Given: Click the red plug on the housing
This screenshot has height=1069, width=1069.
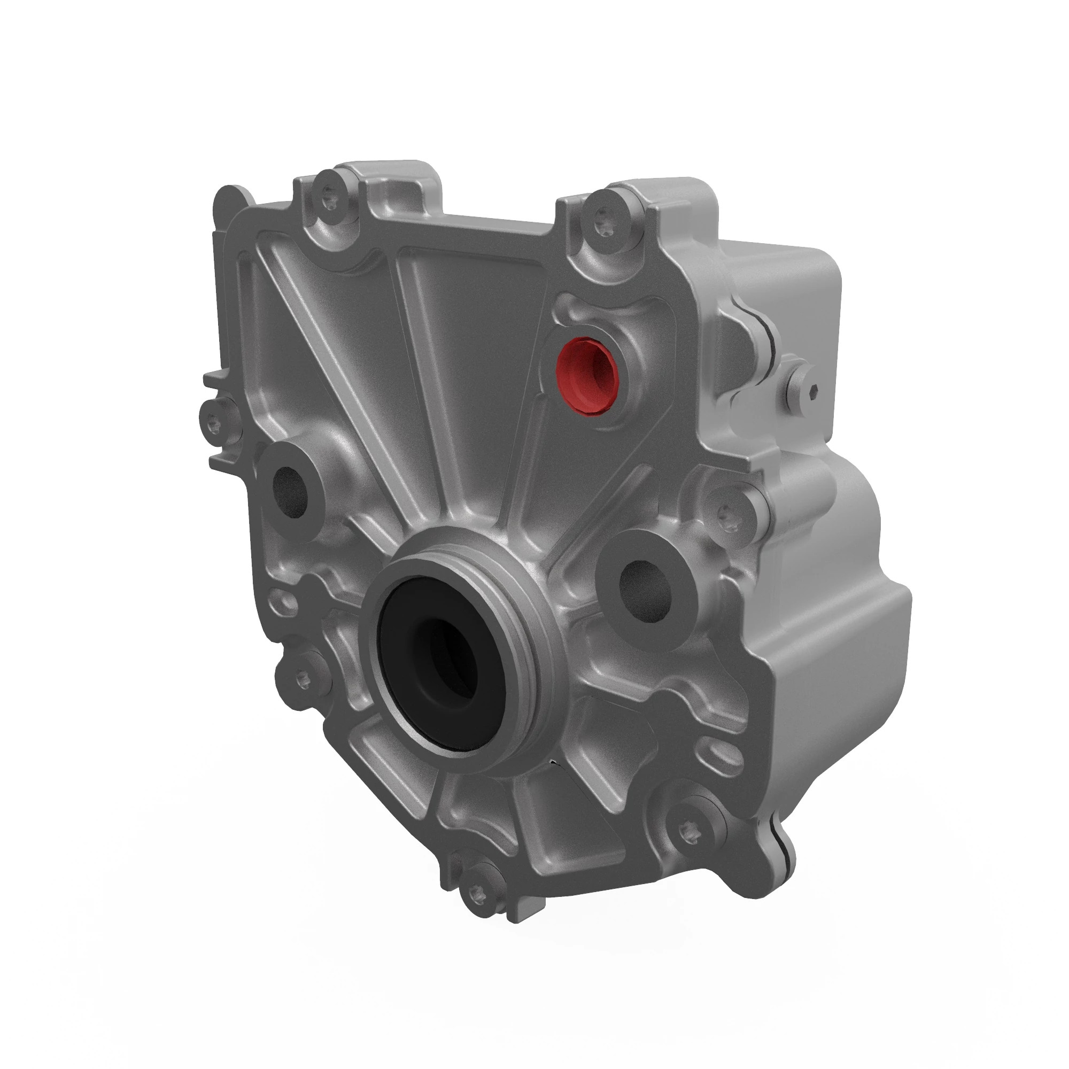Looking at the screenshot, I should pos(585,374).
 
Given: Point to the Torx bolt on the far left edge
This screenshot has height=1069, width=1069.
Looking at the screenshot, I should pos(216,423).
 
